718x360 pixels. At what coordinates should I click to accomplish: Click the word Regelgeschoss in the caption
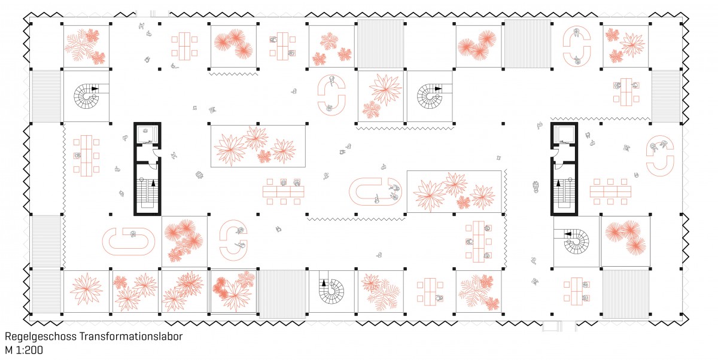[41, 337]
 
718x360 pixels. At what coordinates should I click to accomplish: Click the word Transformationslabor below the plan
[131, 336]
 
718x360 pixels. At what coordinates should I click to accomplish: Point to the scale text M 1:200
[24, 350]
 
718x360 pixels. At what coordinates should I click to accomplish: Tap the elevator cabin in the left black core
[147, 134]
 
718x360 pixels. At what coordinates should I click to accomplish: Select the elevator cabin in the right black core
[564, 134]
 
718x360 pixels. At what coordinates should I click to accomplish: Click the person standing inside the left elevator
[145, 131]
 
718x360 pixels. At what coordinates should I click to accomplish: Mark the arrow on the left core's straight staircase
[153, 183]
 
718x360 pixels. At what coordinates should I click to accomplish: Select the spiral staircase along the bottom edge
[331, 291]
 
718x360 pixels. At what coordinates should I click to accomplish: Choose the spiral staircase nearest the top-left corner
[87, 96]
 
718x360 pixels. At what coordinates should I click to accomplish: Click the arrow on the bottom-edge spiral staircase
[324, 283]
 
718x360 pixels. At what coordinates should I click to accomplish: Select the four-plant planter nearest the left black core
[258, 146]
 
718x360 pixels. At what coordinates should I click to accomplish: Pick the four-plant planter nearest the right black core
[454, 192]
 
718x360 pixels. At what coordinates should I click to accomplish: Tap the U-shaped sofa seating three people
[375, 192]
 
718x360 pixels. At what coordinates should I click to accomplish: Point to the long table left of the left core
[86, 156]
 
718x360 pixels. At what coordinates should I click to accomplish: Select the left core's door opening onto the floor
[156, 154]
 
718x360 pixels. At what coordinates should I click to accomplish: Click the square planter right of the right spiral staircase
[625, 241]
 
